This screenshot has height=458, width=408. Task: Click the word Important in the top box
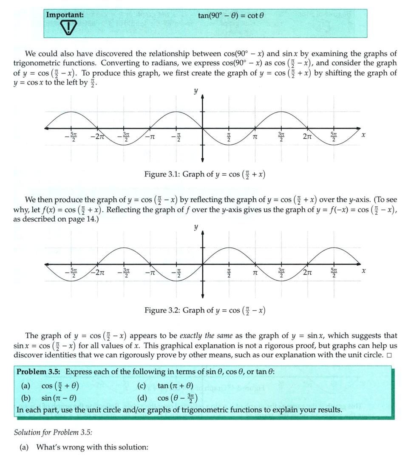coord(65,14)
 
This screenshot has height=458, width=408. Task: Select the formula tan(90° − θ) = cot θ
coord(231,15)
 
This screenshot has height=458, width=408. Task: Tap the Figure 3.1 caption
coord(205,174)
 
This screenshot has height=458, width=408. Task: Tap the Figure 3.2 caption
coord(205,310)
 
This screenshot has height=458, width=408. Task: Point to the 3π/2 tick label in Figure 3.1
coord(281,137)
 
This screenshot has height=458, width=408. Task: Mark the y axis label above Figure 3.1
coord(195,91)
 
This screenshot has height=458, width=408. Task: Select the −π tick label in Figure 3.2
coord(149,272)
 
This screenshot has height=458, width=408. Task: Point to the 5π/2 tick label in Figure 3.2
coord(334,272)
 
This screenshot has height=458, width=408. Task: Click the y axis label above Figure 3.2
coord(195,227)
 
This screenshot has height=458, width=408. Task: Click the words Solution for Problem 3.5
coord(53,433)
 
